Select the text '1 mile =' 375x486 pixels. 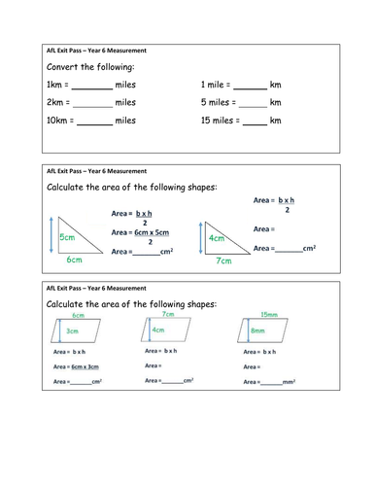click(x=217, y=85)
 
